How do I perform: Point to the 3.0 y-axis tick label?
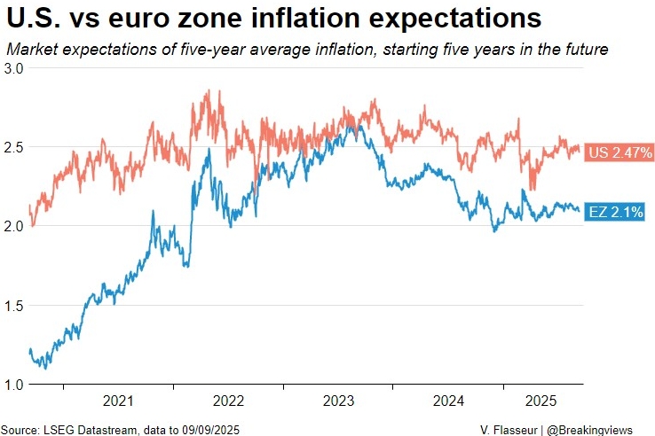pyautogui.click(x=13, y=67)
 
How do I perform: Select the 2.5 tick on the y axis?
pyautogui.click(x=13, y=147)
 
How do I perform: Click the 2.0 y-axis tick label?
pyautogui.click(x=13, y=227)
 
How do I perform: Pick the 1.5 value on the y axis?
pyautogui.click(x=13, y=306)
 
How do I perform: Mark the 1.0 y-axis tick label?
pyautogui.click(x=13, y=385)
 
